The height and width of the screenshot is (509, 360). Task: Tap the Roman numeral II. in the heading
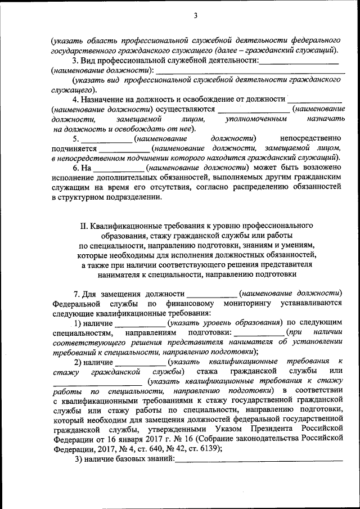tap(85, 226)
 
